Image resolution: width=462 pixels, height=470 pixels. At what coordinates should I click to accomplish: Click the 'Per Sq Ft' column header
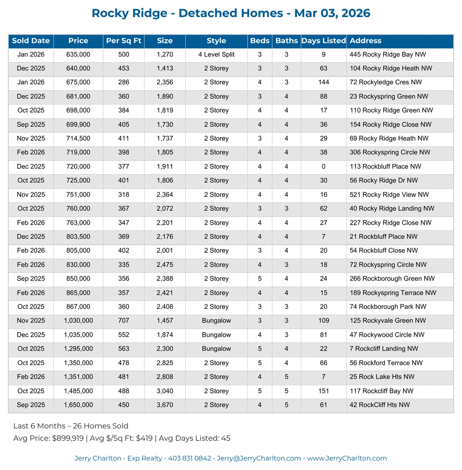click(124, 41)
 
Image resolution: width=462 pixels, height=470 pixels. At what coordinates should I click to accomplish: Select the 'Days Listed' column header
click(323, 41)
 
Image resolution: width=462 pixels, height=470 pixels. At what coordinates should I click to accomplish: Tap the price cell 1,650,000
click(78, 405)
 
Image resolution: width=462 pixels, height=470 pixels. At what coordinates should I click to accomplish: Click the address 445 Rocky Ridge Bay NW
click(387, 54)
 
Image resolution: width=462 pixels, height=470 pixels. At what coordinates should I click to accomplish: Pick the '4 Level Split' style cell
click(216, 54)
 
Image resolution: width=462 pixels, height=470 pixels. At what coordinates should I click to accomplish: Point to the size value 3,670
click(165, 405)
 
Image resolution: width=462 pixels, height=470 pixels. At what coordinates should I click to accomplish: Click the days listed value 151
click(323, 391)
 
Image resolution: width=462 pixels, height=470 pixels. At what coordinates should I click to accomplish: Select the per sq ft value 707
click(124, 321)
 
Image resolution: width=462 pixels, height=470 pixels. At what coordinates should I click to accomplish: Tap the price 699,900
click(78, 125)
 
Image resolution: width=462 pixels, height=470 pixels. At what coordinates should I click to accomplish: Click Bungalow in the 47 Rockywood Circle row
click(216, 335)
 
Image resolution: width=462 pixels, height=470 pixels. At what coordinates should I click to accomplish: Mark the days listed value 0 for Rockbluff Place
click(323, 167)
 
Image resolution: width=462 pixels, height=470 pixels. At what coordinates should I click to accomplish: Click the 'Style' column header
click(216, 41)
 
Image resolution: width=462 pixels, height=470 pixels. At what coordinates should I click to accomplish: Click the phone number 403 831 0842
click(190, 458)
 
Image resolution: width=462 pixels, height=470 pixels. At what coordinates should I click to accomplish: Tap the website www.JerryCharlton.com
click(347, 458)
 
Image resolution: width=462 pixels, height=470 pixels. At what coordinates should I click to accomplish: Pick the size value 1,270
click(165, 54)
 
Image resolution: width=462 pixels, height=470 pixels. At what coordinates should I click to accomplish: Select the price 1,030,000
click(78, 321)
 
